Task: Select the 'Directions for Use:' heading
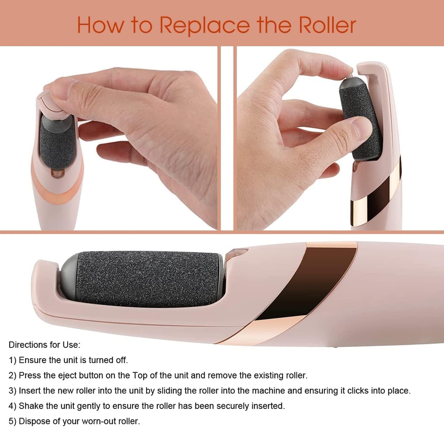44,345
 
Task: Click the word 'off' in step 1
121,360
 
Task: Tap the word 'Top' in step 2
140,375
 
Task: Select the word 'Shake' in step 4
31,406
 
